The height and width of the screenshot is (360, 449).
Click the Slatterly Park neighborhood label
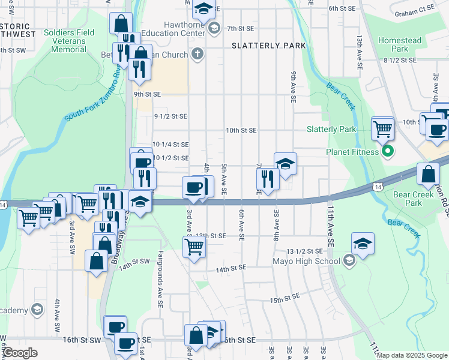point(268,46)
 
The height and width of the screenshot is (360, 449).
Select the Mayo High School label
point(302,261)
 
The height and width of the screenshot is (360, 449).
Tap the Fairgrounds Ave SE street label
point(160,280)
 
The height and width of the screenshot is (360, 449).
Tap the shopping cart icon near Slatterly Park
point(382,128)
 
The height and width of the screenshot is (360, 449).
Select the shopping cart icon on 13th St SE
point(194,245)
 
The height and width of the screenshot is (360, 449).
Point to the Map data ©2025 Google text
point(412,355)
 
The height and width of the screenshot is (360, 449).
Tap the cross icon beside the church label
point(198,54)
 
